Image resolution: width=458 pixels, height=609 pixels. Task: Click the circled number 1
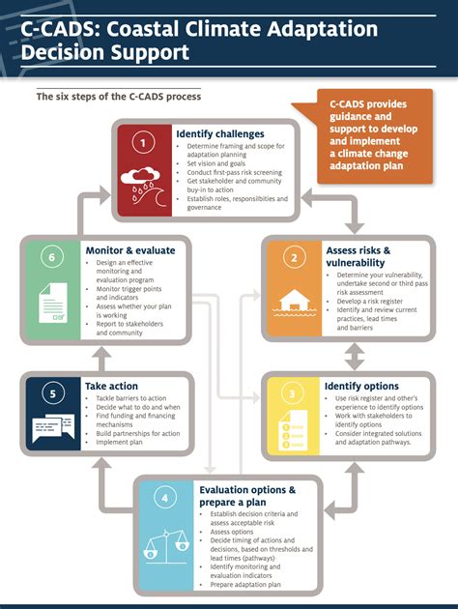(x=143, y=142)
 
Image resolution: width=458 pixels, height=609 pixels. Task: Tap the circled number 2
(x=291, y=259)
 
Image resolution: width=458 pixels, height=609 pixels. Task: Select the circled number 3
(x=292, y=393)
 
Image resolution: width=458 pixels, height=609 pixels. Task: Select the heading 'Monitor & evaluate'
(x=129, y=250)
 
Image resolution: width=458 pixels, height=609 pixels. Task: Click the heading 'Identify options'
(x=362, y=386)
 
